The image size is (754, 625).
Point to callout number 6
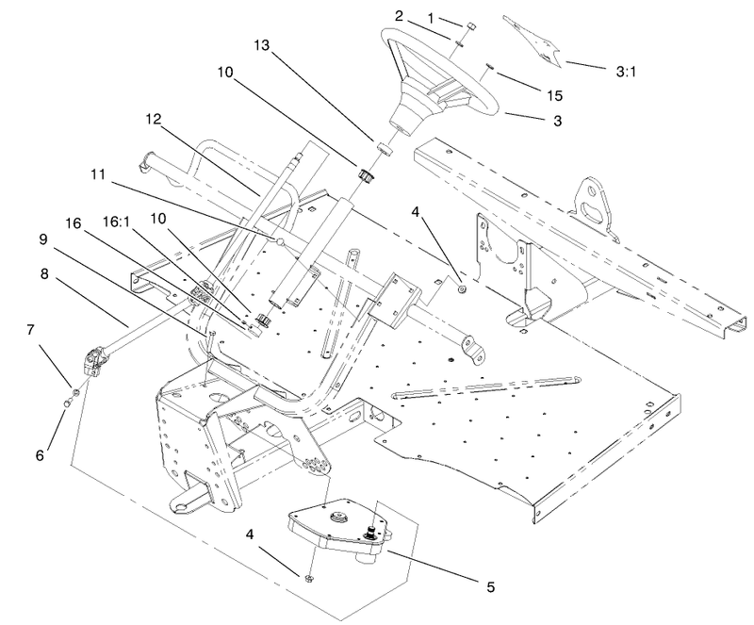(x=39, y=454)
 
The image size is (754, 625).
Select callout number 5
(x=488, y=586)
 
